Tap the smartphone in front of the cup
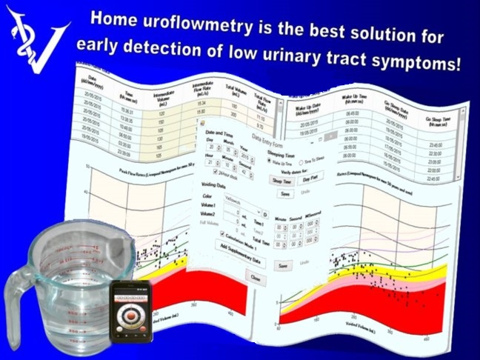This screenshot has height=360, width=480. [x=133, y=312]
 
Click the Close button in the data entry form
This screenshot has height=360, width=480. [x=254, y=278]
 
